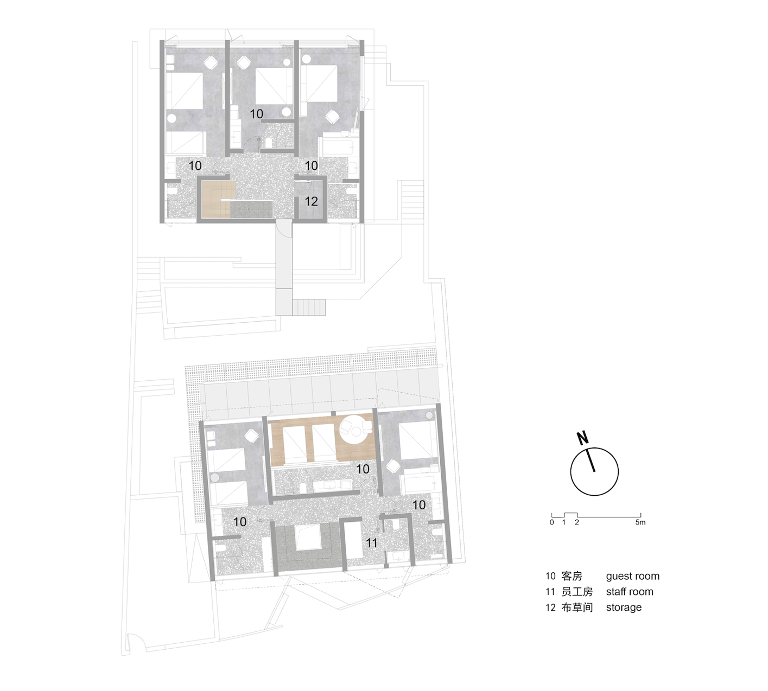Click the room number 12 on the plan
pos(311,202)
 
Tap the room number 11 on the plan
pos(371,543)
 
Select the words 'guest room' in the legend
pos(632,577)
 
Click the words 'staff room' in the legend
pos(629,592)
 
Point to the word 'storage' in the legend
pos(624,607)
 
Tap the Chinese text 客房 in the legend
pos(572,577)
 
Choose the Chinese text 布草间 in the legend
pos(576,607)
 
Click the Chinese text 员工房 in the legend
pos(576,592)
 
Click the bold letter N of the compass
pos(582,438)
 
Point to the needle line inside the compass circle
pos(592,460)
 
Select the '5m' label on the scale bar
pos(640,523)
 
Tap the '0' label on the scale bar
pos(552,523)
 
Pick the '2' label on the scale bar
pos(577,523)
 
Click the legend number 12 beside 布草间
pos(550,607)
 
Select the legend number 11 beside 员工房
pos(550,592)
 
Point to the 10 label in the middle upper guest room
pos(256,114)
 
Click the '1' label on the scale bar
pos(564,523)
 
